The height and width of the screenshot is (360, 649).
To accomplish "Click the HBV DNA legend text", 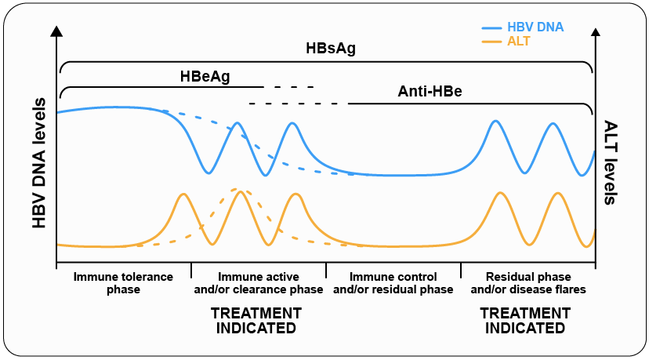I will click(x=535, y=27).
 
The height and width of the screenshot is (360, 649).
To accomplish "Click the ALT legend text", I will click(x=518, y=41).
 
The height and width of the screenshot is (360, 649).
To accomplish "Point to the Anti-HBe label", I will click(x=430, y=92).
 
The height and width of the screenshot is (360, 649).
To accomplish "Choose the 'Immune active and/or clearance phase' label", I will click(x=258, y=283).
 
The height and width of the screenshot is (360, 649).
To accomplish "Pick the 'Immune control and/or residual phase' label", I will click(x=393, y=283).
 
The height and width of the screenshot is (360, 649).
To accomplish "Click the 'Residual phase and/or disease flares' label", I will click(x=528, y=283).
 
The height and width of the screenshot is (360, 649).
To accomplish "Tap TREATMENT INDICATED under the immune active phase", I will click(x=256, y=320).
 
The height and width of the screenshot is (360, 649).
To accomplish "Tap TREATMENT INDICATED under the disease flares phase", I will click(x=525, y=320).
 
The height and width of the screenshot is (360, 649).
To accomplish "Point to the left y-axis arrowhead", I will click(x=56, y=31).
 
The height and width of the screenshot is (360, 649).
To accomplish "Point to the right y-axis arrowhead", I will click(x=595, y=31).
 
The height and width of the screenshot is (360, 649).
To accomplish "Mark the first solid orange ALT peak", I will click(x=183, y=194).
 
